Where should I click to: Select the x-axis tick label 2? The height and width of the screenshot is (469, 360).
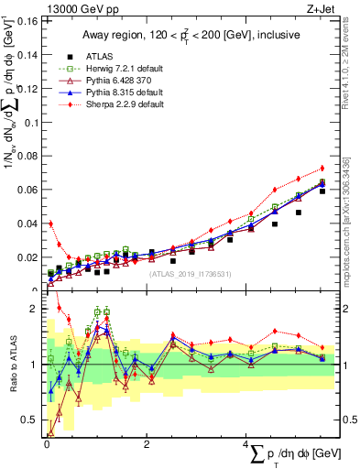147,444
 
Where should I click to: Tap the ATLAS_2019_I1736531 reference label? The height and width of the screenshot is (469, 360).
189,273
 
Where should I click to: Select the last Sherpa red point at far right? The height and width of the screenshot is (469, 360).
322,168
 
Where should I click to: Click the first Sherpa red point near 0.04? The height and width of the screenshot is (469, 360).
51,224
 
